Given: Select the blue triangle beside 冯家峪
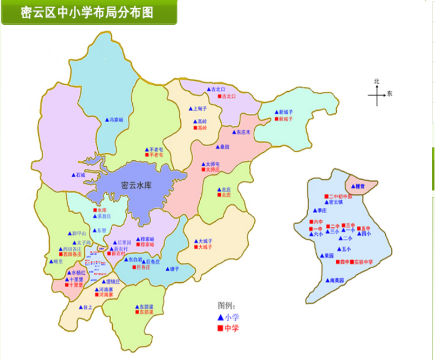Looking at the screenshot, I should (106, 120).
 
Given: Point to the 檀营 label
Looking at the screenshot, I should (360, 186).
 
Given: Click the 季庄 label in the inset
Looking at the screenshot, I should (323, 210).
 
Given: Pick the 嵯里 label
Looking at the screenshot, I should (58, 262).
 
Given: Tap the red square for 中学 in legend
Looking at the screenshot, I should (220, 328).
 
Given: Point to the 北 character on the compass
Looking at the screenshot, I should (377, 81).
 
